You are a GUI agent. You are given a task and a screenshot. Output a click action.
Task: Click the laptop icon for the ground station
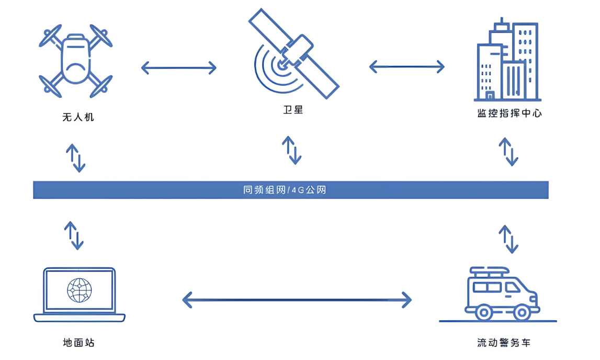pos(80,295)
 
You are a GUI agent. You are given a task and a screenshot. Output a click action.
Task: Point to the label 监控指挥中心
pos(509,114)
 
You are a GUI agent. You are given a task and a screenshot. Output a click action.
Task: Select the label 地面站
pos(78,343)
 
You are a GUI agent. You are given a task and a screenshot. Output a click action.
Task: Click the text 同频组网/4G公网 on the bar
pos(285,190)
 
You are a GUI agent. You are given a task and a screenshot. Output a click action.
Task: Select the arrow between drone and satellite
pos(179,67)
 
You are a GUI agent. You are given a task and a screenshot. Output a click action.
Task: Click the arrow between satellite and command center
pos(406,66)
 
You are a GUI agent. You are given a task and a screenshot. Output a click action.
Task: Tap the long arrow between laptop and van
pos(297,300)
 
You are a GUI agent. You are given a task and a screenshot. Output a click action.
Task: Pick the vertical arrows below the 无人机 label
pos(75,156)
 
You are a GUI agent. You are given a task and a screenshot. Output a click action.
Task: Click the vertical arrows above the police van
pos(508,239)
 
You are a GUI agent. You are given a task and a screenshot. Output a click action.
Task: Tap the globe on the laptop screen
pos(80,290)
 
